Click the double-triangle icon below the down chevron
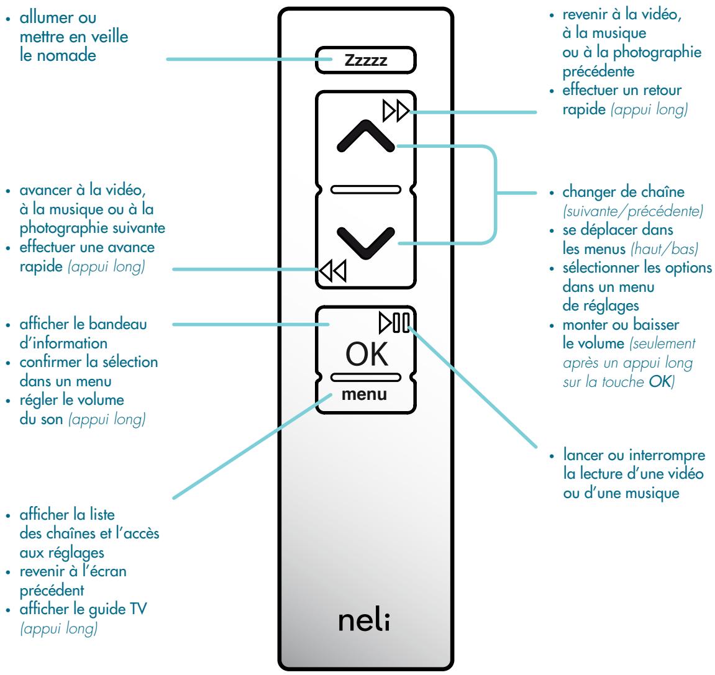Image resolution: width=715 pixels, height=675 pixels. [x=334, y=271]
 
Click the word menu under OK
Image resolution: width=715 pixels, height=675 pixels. [x=365, y=394]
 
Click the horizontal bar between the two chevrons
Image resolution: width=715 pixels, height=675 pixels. [x=365, y=189]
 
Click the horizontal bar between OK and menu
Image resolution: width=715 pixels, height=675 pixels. [x=365, y=377]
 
